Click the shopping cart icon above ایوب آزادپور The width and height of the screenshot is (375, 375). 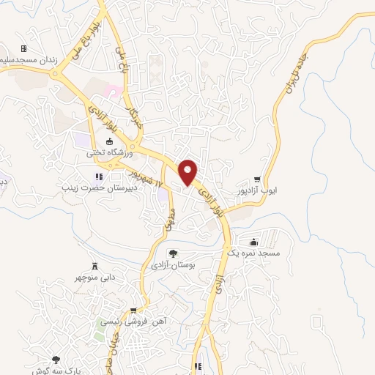click(257, 179)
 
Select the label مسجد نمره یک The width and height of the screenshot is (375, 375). click(253, 253)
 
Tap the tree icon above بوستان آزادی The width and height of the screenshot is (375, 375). click(173, 254)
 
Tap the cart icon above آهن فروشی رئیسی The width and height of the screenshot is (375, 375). click(133, 311)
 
